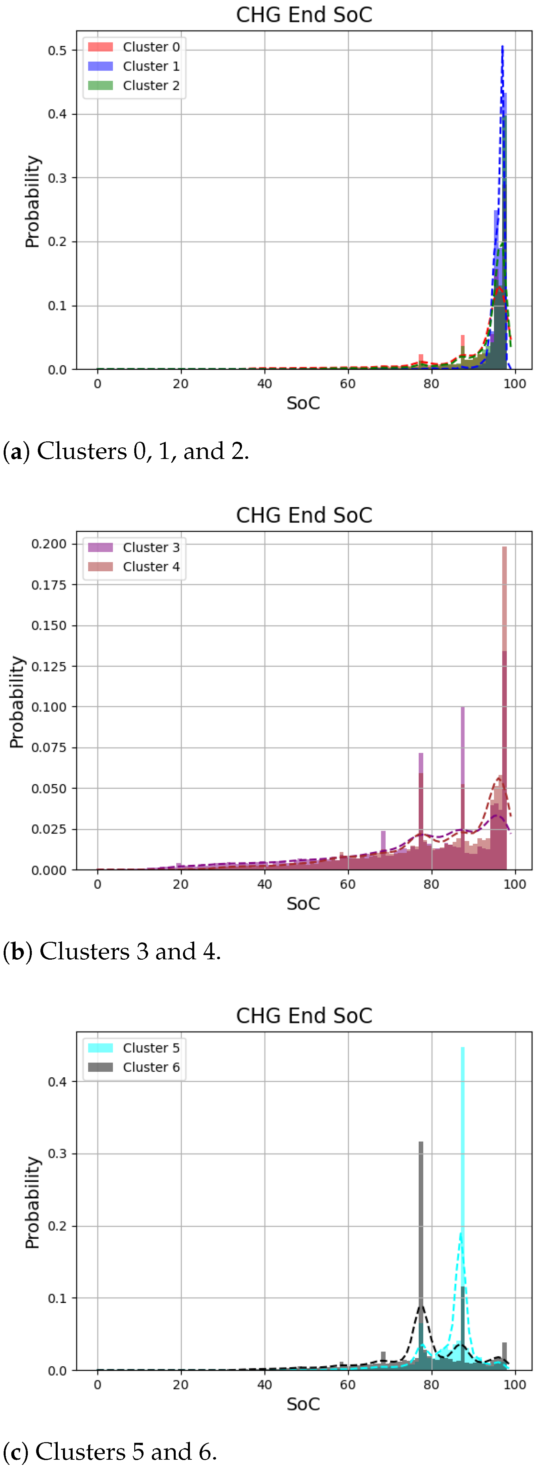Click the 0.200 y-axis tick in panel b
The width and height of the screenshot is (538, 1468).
[x=49, y=544]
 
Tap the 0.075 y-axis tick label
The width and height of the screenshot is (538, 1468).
[x=49, y=747]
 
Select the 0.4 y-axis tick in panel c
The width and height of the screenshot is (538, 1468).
[x=57, y=1082]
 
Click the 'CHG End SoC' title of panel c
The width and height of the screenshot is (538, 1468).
[x=304, y=1016]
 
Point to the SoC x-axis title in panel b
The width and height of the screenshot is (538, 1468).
[x=303, y=903]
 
